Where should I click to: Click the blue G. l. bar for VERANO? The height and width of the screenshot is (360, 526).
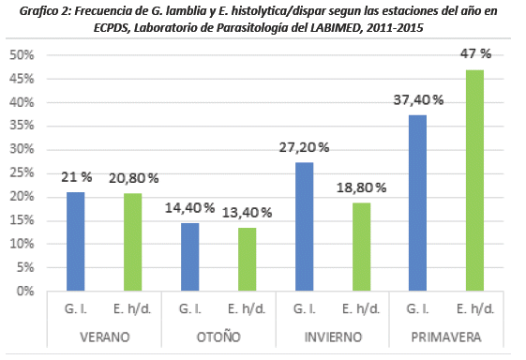click(76, 241)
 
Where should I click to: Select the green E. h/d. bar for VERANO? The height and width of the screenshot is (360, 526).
click(132, 242)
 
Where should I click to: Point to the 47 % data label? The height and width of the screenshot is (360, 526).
click(473, 53)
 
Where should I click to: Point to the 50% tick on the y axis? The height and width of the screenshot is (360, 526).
click(23, 55)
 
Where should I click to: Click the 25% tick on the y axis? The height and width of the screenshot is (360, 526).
click(23, 172)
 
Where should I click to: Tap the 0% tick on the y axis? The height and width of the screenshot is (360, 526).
click(26, 291)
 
